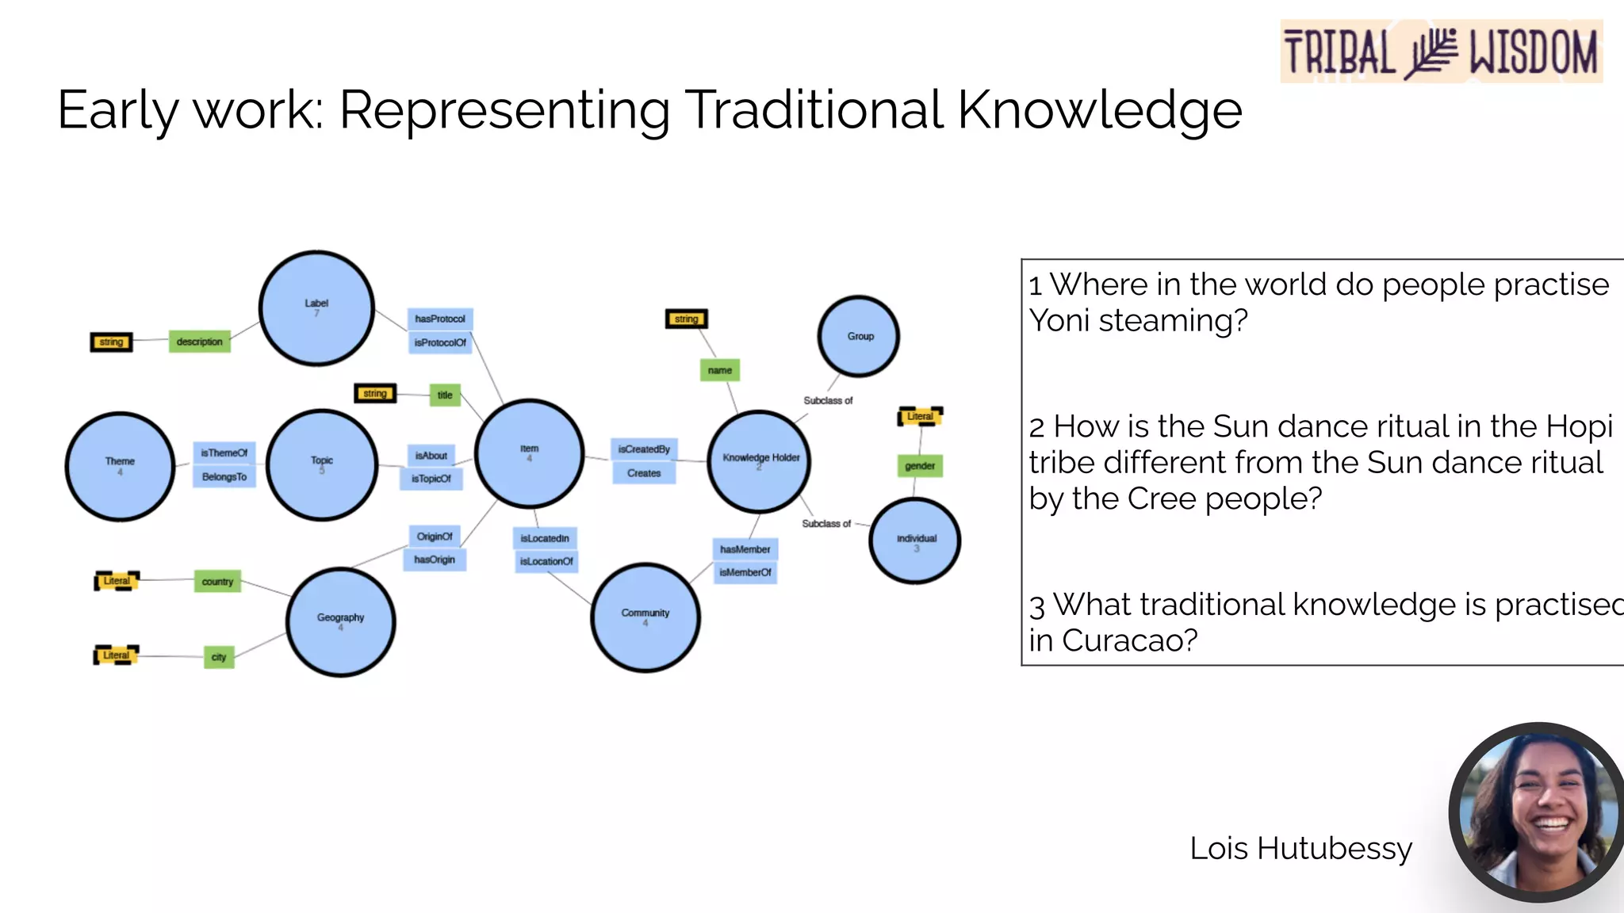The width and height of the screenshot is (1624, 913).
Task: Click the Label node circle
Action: tap(316, 308)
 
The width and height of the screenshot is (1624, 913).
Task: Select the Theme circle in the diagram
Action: tap(120, 466)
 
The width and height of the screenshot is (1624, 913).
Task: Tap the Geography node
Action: tap(340, 621)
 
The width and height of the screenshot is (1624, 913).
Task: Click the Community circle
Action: tap(645, 617)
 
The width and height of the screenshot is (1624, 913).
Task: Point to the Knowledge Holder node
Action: tap(759, 461)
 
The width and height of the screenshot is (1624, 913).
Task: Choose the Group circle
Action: tap(859, 336)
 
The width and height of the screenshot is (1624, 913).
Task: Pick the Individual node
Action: tap(915, 541)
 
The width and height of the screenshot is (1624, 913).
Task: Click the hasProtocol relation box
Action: tap(440, 319)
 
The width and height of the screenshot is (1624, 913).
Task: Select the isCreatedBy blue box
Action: tap(644, 449)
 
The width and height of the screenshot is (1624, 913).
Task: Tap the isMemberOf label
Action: tap(745, 572)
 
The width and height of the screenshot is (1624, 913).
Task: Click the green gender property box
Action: tap(920, 466)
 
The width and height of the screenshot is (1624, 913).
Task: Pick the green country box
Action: tap(217, 582)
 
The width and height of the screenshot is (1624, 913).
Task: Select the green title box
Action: tap(445, 395)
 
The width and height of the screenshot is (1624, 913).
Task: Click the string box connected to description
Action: tap(111, 342)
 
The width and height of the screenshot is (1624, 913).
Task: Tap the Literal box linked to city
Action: tap(116, 655)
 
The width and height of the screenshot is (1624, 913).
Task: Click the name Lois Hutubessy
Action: tap(1300, 848)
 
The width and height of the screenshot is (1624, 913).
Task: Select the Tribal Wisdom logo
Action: tap(1441, 52)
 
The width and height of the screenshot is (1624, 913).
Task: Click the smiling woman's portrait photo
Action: tap(1538, 812)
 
